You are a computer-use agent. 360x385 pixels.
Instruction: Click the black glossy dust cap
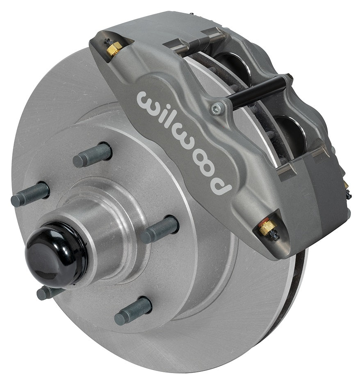click(56, 255)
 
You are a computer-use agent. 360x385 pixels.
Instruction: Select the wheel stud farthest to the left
click(30, 194)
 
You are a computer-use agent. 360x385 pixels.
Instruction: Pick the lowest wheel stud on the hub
click(133, 310)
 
